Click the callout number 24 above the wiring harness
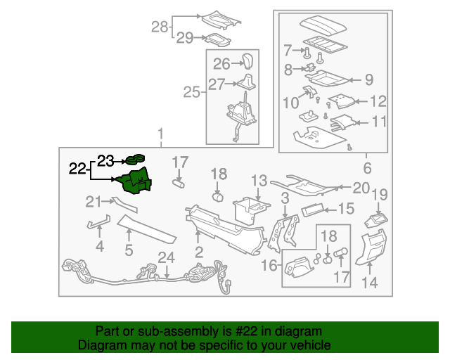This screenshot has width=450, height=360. pyautogui.click(x=166, y=257)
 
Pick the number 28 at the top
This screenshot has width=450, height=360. pyautogui.click(x=160, y=27)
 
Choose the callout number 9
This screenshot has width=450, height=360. pyautogui.click(x=368, y=79)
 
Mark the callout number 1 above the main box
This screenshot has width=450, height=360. pyautogui.click(x=161, y=133)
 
